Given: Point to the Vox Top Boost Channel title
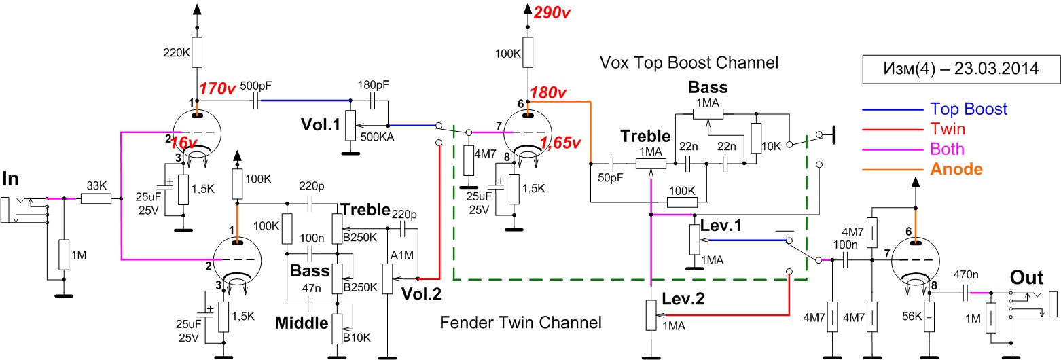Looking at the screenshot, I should point(688,62).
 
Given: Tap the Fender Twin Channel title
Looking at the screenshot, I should point(520,322).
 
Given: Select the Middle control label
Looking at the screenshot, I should point(302,323).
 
